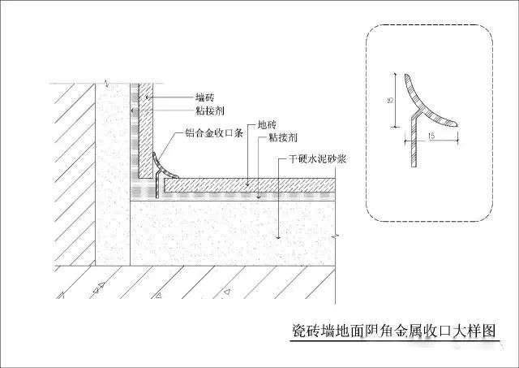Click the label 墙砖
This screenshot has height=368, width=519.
pyautogui.click(x=205, y=97)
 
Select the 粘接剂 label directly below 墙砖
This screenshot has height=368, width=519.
pyautogui.click(x=210, y=110)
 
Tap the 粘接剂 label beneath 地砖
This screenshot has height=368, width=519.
pyautogui.click(x=283, y=137)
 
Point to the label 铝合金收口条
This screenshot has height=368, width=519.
pyautogui.click(x=214, y=133)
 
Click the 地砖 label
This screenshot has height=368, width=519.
pyautogui.click(x=267, y=125)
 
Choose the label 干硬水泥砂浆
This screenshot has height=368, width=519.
pyautogui.click(x=317, y=159)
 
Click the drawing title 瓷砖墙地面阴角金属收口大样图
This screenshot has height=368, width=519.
pyautogui.click(x=394, y=331)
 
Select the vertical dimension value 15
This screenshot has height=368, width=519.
pyautogui.click(x=390, y=100)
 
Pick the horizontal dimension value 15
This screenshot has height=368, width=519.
pyautogui.click(x=431, y=136)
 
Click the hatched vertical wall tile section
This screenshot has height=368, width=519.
pyautogui.click(x=146, y=131)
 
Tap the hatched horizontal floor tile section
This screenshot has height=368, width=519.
pyautogui.click(x=250, y=185)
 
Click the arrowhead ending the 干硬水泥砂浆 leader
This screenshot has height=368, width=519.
pyautogui.click(x=278, y=237)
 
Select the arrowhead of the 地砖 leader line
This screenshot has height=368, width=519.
pyautogui.click(x=248, y=183)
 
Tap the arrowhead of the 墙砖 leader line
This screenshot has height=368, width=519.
pyautogui.click(x=148, y=97)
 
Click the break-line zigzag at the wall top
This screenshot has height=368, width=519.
pyautogui.click(x=106, y=83)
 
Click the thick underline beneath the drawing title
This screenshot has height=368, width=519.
pyautogui.click(x=395, y=340)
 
